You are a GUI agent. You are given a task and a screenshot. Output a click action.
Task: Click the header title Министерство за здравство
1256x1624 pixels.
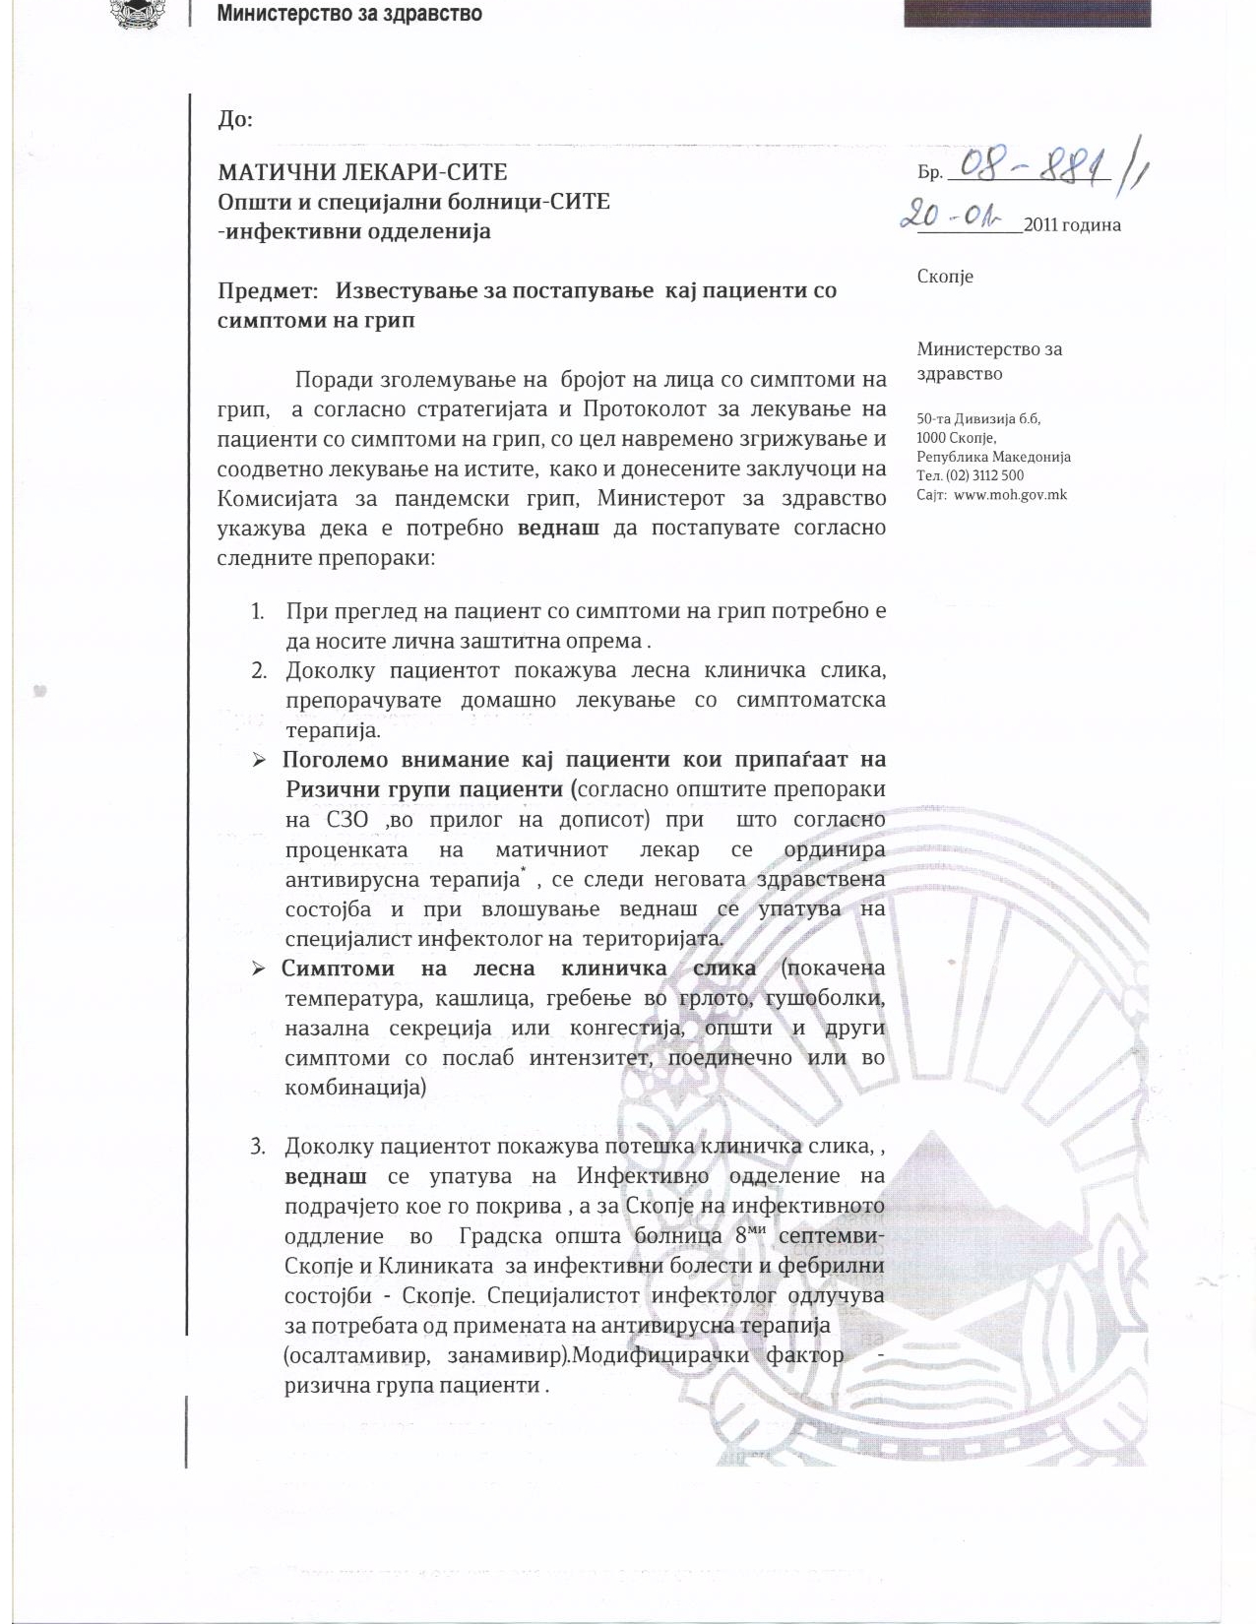[348, 14]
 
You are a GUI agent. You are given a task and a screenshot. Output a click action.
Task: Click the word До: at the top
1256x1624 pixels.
[234, 120]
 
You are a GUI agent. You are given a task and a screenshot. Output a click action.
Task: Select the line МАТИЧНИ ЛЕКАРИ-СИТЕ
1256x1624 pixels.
[362, 172]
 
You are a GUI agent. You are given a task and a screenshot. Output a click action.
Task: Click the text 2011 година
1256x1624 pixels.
[1072, 224]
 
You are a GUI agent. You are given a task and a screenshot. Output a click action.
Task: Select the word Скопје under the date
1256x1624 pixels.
[945, 276]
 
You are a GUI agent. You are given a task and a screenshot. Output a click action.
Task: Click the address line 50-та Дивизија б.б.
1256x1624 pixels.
[978, 418]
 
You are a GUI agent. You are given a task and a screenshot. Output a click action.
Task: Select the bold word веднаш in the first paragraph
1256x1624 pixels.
[558, 528]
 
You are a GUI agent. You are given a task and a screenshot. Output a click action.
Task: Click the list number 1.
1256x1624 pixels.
[258, 611]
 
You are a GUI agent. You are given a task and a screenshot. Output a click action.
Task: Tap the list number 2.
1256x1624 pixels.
[259, 671]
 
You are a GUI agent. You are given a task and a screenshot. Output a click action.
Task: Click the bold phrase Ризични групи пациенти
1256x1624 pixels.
[423, 789]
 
